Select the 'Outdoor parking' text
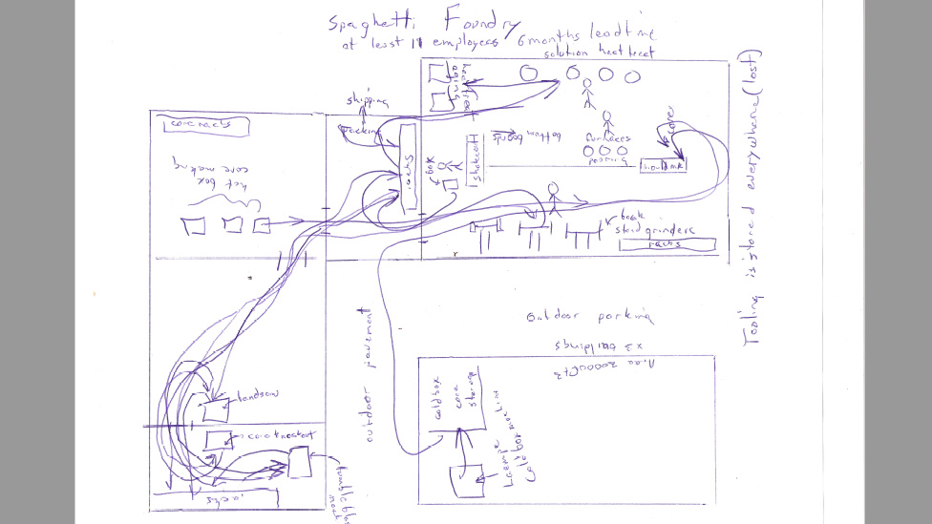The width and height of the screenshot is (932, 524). click(588, 316)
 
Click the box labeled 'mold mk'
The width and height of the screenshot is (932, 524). click(663, 164)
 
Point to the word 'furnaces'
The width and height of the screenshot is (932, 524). click(606, 137)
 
